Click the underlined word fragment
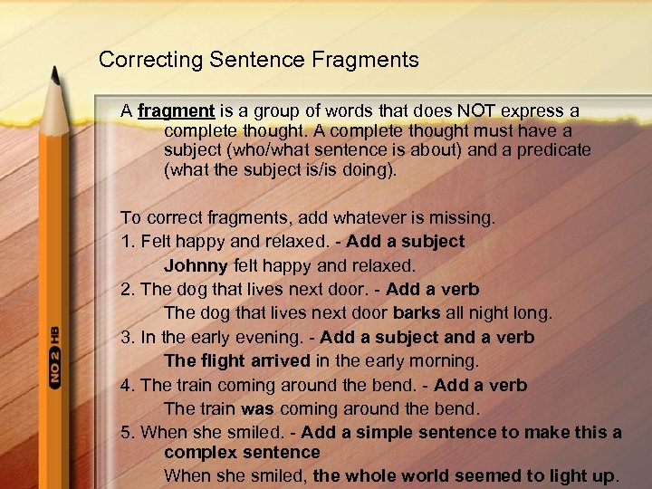pyautogui.click(x=176, y=111)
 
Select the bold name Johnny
pyautogui.click(x=196, y=266)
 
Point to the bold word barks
pyautogui.click(x=417, y=313)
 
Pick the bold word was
pyautogui.click(x=258, y=408)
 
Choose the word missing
pyautogui.click(x=461, y=218)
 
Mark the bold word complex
pyautogui.click(x=202, y=451)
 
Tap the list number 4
pyautogui.click(x=126, y=386)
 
